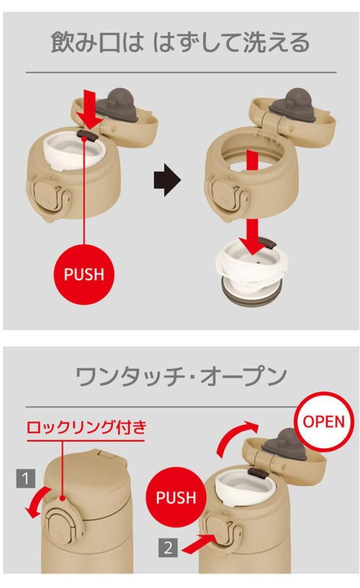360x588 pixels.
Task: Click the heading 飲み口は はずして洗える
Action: (x=180, y=42)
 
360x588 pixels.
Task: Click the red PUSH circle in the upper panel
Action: (x=84, y=274)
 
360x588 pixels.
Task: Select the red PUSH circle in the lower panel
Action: (x=176, y=497)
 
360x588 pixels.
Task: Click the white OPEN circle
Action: (x=323, y=422)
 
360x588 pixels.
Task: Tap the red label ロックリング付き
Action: (x=86, y=427)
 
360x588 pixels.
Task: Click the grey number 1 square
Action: (x=25, y=478)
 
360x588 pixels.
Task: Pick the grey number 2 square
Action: (x=168, y=548)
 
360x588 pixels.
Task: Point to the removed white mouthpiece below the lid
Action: (x=251, y=268)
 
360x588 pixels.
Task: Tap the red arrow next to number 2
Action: (x=198, y=543)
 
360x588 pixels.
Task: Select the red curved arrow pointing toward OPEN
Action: (x=235, y=435)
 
